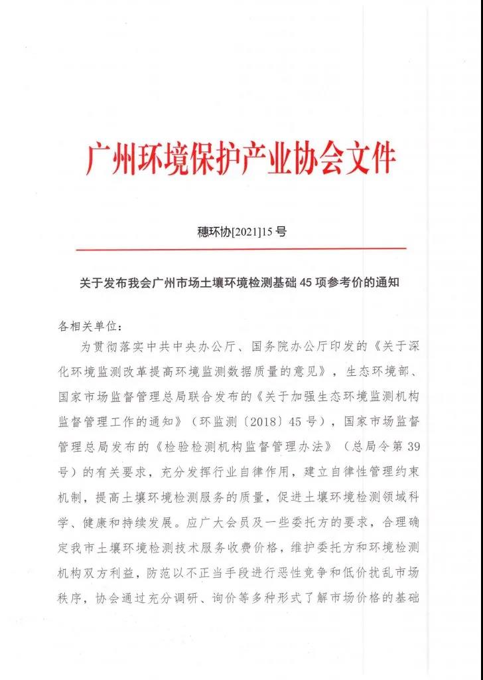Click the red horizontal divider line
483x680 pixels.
point(241,249)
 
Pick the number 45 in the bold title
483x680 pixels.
point(306,282)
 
